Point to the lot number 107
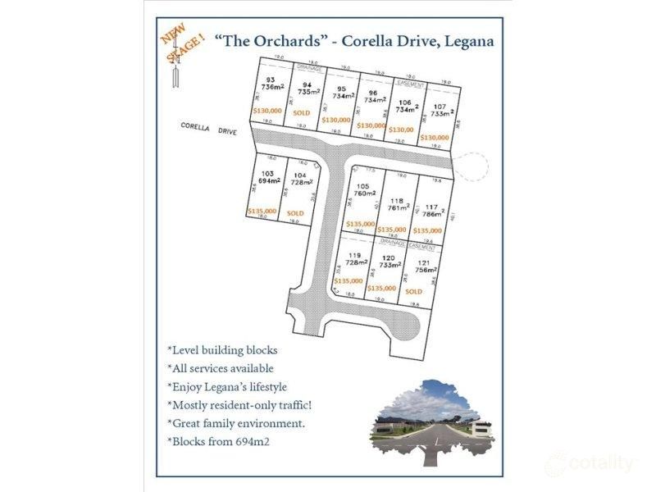coord(440,106)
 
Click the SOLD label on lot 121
coord(413,291)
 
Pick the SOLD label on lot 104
coord(295,213)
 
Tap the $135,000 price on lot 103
coord(262,211)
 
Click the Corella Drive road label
coord(208,129)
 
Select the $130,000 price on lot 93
coord(267,110)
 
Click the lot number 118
coord(397,201)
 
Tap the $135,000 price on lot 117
coord(427,230)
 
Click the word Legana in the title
coord(467,41)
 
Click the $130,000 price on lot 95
coord(335,120)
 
